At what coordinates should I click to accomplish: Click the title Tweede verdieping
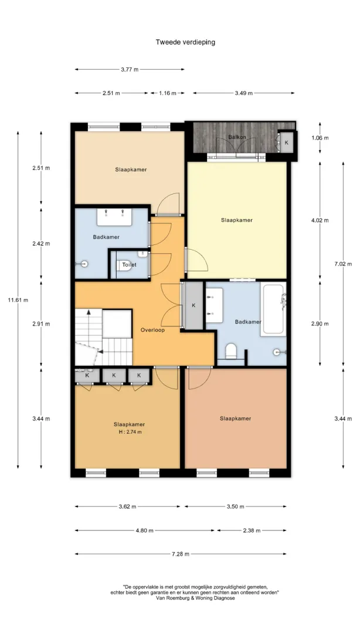(x=185, y=42)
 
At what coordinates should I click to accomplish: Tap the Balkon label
(x=237, y=137)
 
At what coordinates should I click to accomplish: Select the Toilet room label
(x=130, y=264)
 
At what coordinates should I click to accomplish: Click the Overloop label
(x=152, y=330)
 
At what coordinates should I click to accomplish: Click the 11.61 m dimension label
(x=18, y=300)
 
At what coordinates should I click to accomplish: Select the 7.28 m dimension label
(x=181, y=554)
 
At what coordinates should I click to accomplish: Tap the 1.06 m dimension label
(x=320, y=138)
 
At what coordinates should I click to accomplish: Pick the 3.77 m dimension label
(x=130, y=69)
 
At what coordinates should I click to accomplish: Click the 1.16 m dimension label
(x=168, y=93)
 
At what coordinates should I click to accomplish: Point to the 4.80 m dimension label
(x=145, y=530)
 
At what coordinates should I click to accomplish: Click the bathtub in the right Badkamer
(x=273, y=309)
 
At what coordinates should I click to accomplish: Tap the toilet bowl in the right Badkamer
(x=232, y=351)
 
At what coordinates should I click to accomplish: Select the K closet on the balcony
(x=286, y=142)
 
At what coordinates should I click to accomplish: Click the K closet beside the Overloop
(x=194, y=305)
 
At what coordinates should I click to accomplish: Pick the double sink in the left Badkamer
(x=114, y=217)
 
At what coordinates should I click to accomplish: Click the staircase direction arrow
(x=88, y=316)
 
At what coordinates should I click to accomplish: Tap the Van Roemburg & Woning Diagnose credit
(x=195, y=598)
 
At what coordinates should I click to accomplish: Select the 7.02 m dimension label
(x=343, y=264)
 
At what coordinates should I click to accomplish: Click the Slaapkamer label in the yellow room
(x=237, y=220)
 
